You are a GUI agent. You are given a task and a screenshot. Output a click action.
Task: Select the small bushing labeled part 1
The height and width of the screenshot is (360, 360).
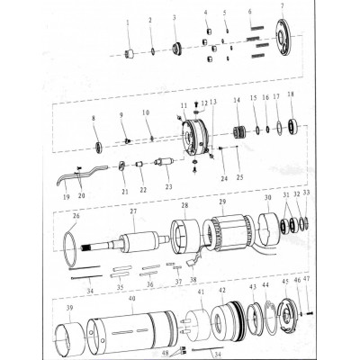(x=129, y=53)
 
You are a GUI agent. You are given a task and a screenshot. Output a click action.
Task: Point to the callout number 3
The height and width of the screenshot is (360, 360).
(x=175, y=18)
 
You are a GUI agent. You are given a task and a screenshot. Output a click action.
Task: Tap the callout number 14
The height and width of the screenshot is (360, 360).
(x=237, y=100)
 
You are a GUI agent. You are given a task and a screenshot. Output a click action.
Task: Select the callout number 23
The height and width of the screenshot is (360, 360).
(x=167, y=186)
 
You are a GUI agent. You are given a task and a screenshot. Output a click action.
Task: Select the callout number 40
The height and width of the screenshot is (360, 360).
(x=132, y=298)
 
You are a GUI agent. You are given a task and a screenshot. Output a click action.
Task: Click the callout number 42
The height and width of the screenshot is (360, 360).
(x=222, y=292)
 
